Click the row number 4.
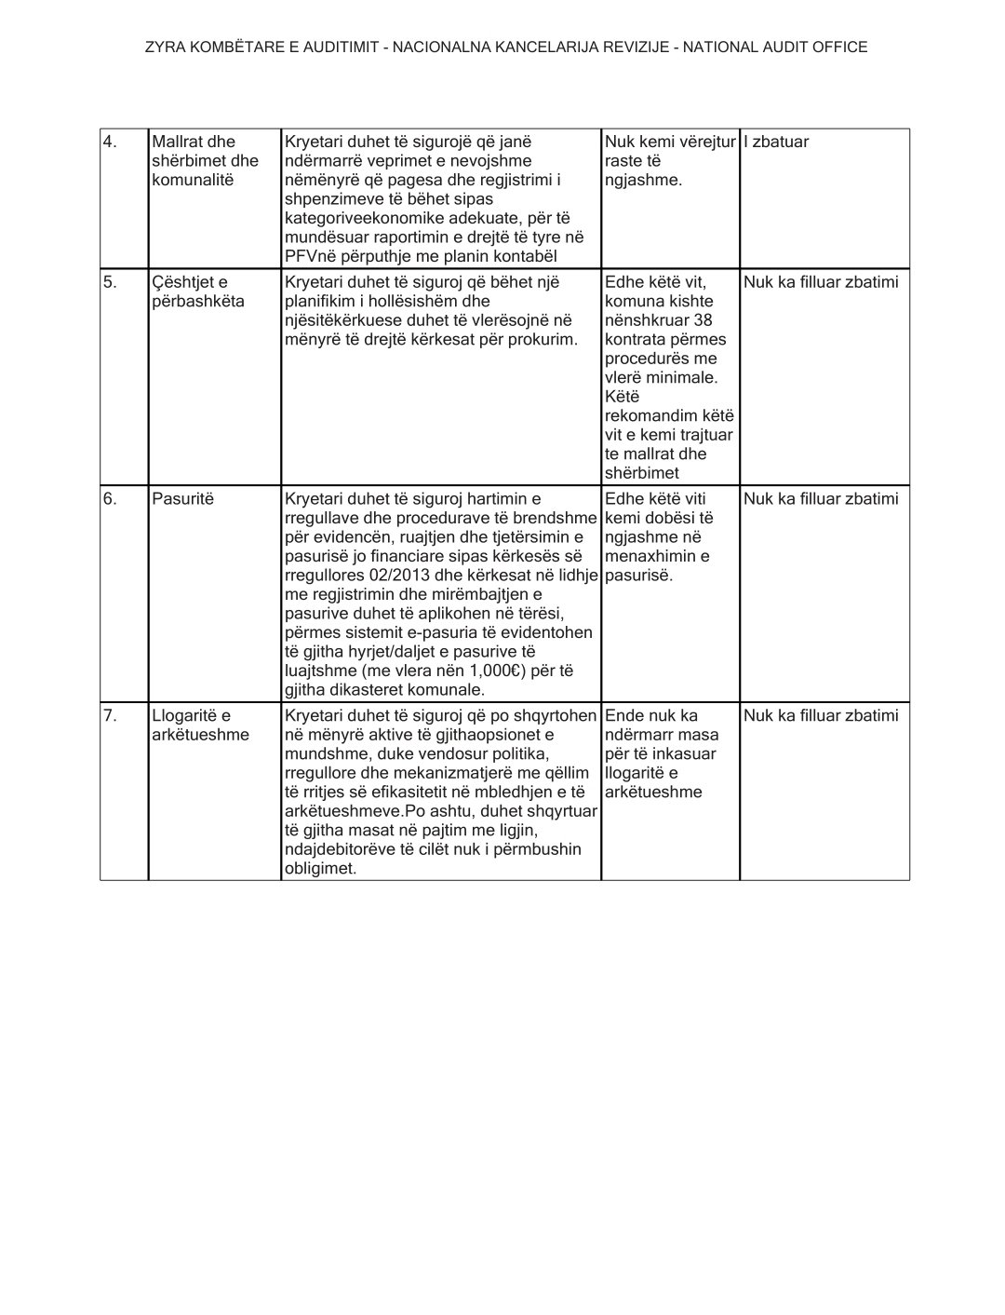tap(110, 142)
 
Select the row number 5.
tap(110, 282)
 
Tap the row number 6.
tap(110, 499)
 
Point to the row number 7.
tap(110, 716)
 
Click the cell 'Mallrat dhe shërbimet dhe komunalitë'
tap(205, 161)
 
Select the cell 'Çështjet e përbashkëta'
tap(198, 291)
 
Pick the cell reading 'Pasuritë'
tap(182, 499)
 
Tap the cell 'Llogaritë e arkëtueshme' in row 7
tap(200, 725)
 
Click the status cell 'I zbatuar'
tap(776, 142)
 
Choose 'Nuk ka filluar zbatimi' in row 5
tap(821, 282)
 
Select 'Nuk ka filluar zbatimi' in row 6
tap(821, 499)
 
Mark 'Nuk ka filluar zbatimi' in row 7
tap(821, 716)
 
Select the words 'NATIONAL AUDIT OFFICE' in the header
tap(775, 47)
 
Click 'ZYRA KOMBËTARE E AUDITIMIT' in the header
tap(261, 47)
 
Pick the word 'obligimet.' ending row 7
tap(320, 869)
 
